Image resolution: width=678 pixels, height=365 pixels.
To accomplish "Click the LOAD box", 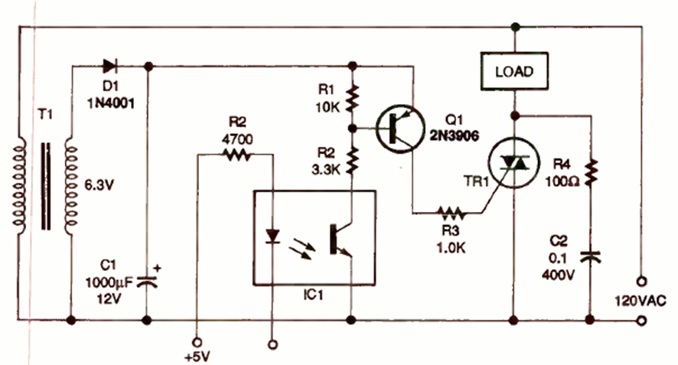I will click(x=513, y=73).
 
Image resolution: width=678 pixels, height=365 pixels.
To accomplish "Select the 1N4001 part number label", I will click(x=109, y=102).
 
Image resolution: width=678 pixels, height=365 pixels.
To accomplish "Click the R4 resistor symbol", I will click(x=590, y=172).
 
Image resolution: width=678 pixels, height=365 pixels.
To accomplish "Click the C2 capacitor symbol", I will click(x=590, y=255).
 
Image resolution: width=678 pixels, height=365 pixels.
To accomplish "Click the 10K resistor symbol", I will click(x=351, y=97).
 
